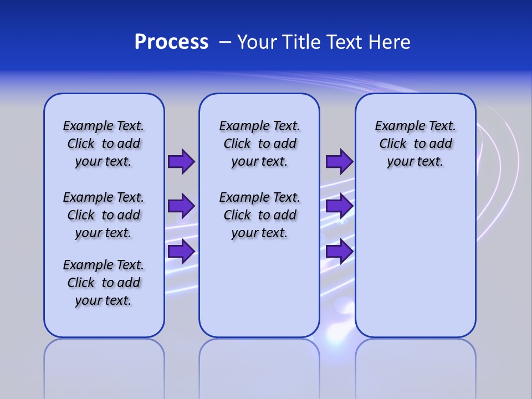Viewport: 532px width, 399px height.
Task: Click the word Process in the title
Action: tap(171, 42)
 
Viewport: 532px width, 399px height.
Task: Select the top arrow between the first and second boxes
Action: tap(181, 161)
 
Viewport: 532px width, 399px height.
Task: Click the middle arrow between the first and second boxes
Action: tap(181, 206)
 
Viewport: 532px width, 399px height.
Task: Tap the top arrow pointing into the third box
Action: tap(339, 161)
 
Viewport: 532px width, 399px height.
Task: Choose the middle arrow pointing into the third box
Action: tap(339, 206)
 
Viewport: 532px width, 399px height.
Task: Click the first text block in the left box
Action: tap(104, 144)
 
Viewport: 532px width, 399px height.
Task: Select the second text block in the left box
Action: tap(104, 215)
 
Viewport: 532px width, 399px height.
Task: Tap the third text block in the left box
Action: tap(104, 283)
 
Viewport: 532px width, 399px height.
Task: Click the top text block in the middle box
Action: tap(259, 144)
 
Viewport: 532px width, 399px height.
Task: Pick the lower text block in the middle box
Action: tap(259, 215)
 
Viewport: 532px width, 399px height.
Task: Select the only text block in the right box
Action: tap(415, 144)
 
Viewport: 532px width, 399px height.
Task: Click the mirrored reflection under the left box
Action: tap(104, 366)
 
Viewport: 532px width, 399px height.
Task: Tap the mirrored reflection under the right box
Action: tap(415, 366)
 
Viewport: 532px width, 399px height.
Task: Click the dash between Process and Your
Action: tap(225, 42)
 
